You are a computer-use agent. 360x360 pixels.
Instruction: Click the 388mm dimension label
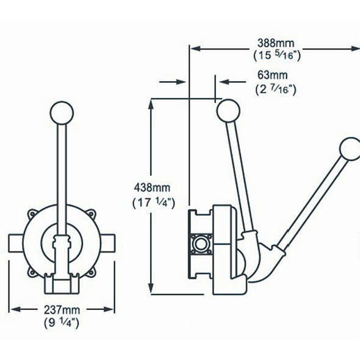click(x=276, y=43)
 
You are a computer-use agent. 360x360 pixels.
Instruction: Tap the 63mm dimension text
click(x=273, y=75)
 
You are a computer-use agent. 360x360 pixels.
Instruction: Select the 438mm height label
click(x=152, y=187)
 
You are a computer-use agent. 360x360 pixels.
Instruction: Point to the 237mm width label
click(x=62, y=310)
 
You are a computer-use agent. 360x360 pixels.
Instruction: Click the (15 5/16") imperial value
click(x=277, y=56)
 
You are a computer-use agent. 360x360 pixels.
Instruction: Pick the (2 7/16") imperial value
click(x=276, y=89)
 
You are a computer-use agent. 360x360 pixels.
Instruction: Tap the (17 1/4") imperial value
click(x=154, y=203)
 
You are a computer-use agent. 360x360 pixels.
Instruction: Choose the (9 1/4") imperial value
click(x=62, y=323)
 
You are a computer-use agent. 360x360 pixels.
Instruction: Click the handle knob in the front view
click(x=62, y=113)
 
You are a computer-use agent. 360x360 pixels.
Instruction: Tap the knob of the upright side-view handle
click(x=228, y=111)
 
